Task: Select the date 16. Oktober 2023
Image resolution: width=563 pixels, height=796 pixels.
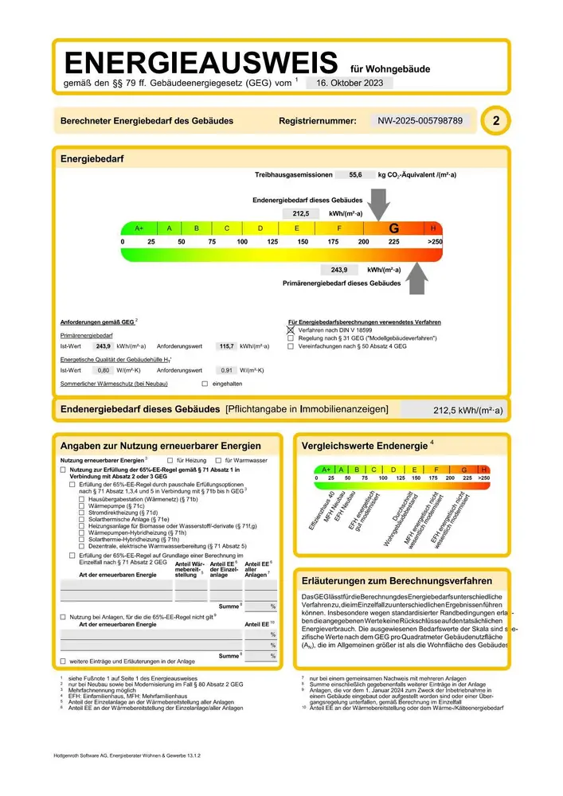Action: [349, 83]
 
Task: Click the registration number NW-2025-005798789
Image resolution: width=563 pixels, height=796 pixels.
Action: [420, 121]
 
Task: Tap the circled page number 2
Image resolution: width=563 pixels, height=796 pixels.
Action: [497, 121]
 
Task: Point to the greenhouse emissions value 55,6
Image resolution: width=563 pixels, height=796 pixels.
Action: [355, 174]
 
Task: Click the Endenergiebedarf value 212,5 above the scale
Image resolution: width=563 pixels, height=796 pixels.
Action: [301, 213]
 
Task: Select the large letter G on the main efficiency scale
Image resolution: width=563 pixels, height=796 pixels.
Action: [394, 228]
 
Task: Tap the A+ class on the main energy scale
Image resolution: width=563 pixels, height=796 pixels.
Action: [139, 228]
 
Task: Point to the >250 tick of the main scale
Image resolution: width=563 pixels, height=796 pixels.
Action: [434, 240]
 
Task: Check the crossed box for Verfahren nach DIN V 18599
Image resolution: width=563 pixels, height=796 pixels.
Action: [291, 330]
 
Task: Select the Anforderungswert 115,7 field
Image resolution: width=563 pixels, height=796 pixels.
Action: [225, 346]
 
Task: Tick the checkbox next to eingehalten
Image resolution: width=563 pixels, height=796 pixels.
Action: [205, 384]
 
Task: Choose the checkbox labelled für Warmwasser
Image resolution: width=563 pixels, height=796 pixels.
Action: [218, 461]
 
